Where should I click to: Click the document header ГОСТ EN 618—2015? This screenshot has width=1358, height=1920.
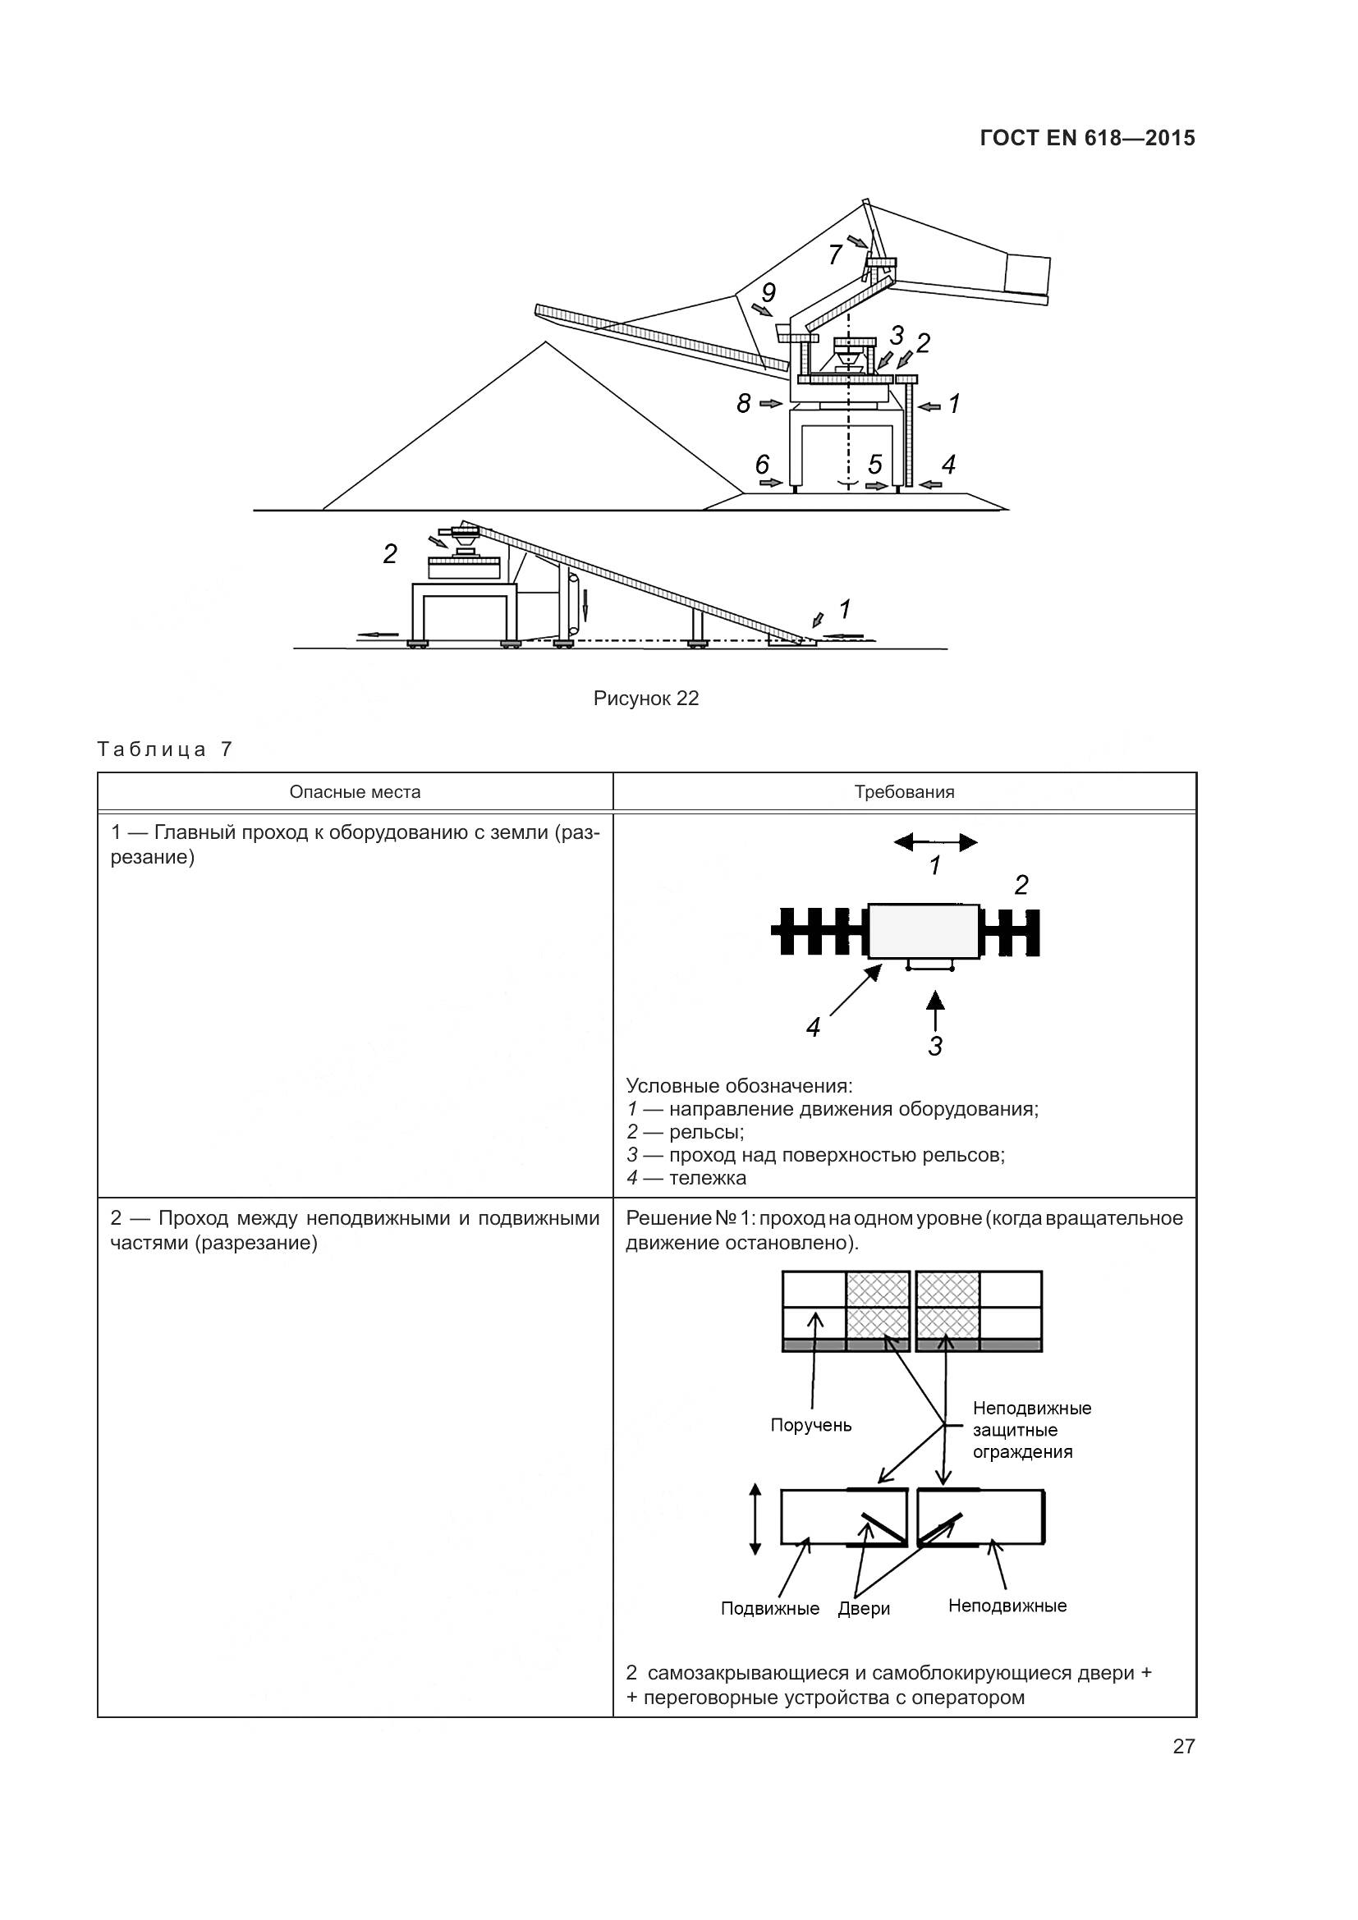1087,138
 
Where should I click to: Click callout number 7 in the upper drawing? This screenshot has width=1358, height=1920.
835,254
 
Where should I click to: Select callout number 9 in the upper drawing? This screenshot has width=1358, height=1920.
768,293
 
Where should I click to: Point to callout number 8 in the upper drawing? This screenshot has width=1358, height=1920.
743,404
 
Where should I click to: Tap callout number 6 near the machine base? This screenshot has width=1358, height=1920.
762,465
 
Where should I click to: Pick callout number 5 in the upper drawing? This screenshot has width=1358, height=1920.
874,465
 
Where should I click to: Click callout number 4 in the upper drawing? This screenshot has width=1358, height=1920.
948,465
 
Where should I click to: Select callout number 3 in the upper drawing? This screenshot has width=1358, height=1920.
897,336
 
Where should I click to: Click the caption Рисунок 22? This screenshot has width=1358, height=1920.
645,699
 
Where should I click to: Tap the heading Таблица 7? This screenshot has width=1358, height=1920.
164,749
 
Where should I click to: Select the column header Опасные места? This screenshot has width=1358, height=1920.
355,792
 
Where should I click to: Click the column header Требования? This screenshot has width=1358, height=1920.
904,792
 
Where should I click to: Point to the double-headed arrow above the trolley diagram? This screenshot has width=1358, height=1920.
935,842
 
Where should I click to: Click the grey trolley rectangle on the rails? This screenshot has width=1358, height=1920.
924,931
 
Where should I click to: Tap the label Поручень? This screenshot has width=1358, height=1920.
811,1425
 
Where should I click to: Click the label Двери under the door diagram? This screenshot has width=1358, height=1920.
864,1608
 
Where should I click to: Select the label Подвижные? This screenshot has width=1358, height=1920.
770,1608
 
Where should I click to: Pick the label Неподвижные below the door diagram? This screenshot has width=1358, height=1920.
1007,1606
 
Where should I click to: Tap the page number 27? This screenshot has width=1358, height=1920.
1183,1746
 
